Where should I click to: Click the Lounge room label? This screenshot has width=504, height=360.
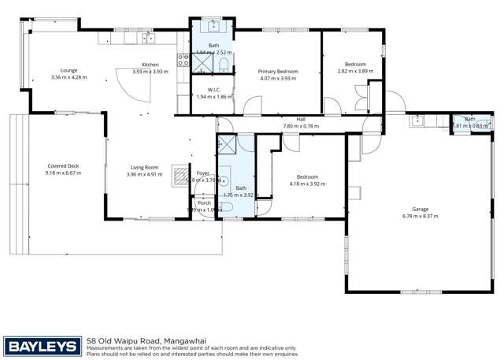(x=68, y=70)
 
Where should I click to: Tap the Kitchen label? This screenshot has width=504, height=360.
(x=150, y=65)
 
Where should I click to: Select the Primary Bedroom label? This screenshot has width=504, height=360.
(x=279, y=71)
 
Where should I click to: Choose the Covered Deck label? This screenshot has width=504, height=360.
(x=63, y=166)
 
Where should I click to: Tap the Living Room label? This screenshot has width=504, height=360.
(x=144, y=167)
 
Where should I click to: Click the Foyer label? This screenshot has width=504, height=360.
(x=202, y=173)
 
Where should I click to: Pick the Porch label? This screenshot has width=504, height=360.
(x=204, y=202)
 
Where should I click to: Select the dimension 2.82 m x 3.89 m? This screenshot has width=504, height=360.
(x=354, y=70)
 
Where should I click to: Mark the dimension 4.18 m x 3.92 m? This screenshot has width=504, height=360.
(x=307, y=184)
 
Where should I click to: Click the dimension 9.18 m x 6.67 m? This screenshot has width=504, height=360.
(x=63, y=173)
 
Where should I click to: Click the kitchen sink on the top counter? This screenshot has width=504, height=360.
(x=148, y=37)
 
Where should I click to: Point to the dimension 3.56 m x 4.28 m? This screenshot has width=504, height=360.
(x=68, y=77)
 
